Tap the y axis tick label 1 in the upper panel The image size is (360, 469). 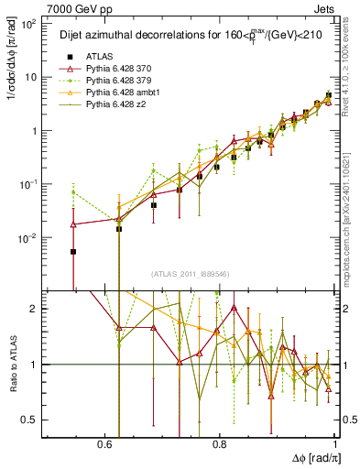click(35, 131)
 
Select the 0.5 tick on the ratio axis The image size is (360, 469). click(29, 420)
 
